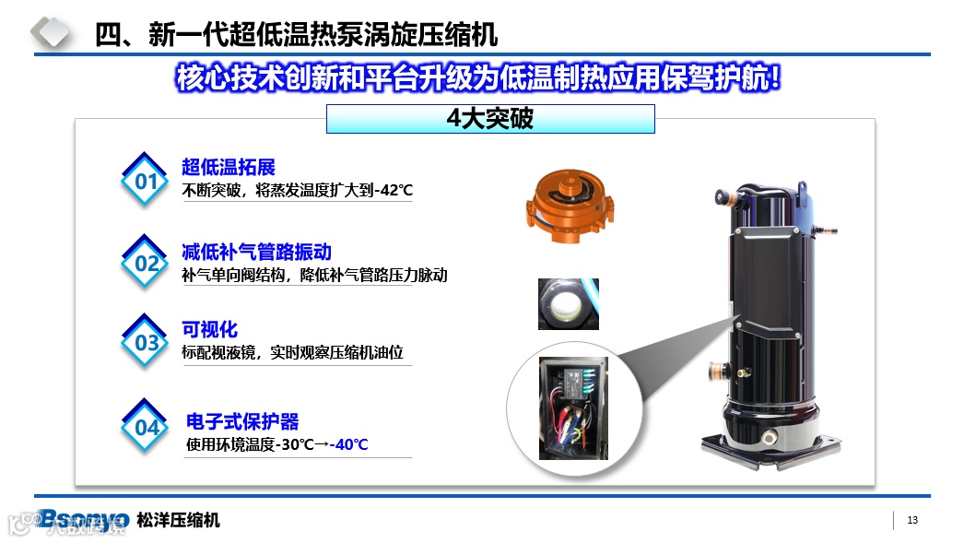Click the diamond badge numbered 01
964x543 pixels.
pos(145,180)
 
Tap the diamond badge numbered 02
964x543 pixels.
pos(145,263)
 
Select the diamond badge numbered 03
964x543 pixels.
pos(145,342)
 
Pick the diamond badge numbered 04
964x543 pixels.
pos(145,427)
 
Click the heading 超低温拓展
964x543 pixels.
pos(228,167)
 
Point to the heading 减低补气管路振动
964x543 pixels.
pos(256,252)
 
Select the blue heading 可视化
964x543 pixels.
pos(209,330)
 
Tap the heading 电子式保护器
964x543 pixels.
pos(242,421)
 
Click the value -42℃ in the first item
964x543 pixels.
pos(394,190)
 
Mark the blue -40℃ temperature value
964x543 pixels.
pos(348,444)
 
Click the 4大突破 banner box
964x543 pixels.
pos(490,119)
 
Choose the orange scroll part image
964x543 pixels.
pos(570,206)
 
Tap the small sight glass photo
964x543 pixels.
pos(569,304)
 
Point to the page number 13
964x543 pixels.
pos(912,520)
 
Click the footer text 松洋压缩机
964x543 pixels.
pos(178,520)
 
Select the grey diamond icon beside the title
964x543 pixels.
pos(51,31)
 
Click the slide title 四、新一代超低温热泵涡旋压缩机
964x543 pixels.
pos(297,34)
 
